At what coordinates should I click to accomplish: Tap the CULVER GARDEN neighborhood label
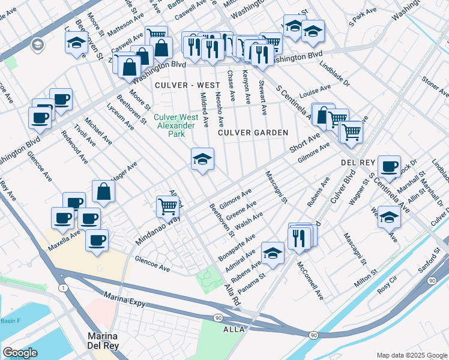coord(253,132)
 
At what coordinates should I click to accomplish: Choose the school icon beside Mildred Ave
coord(203,160)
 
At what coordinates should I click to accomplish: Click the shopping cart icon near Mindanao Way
coord(168,207)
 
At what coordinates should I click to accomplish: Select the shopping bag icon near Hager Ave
coord(104,192)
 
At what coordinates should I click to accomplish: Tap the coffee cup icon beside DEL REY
coord(389,166)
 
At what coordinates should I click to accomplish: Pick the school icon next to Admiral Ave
coord(273,253)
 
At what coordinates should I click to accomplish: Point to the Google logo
coord(20,353)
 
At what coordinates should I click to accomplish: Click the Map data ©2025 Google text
coord(411,355)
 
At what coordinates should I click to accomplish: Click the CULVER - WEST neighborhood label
coord(179,85)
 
